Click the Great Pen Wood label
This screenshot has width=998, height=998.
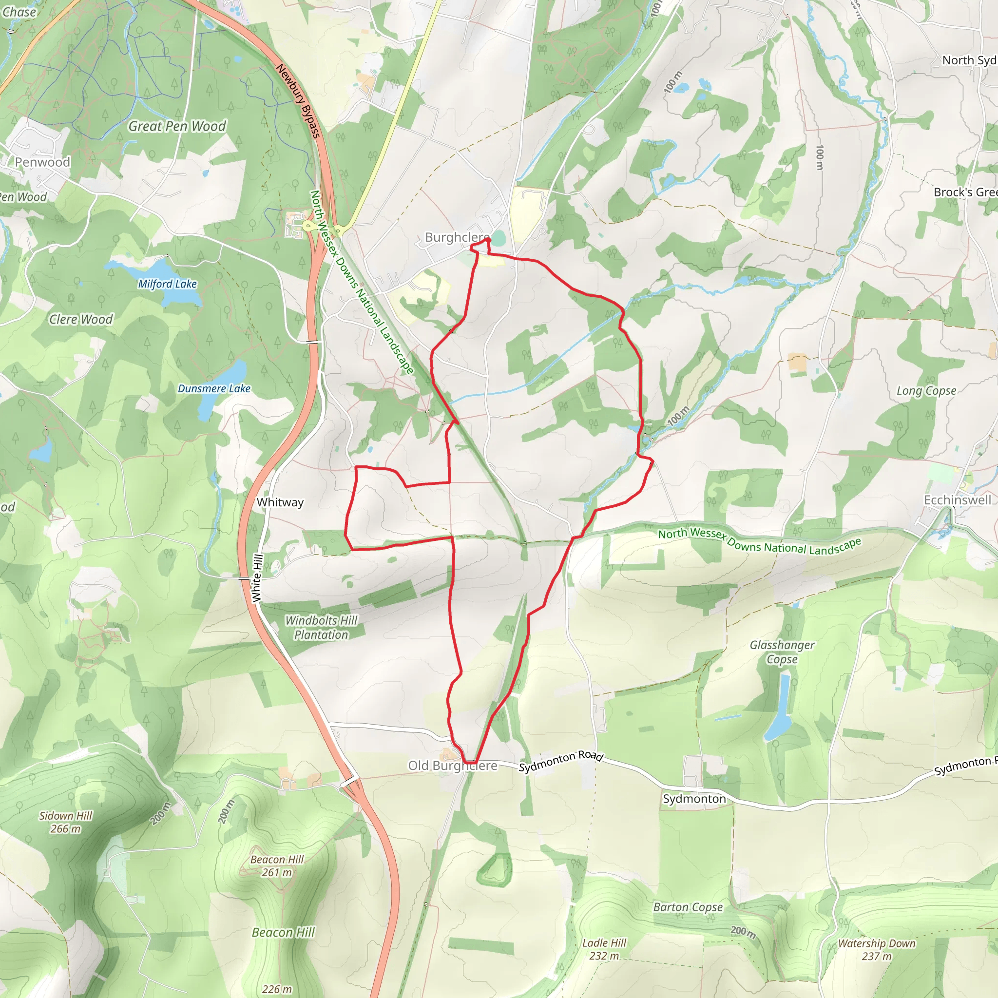177,126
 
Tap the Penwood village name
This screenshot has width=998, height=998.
42,162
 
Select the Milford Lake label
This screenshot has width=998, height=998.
167,284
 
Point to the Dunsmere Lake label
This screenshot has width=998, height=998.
214,388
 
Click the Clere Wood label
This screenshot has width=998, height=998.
81,319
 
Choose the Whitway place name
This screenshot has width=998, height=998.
280,502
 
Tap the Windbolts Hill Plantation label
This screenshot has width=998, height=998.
321,627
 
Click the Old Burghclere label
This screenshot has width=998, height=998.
453,766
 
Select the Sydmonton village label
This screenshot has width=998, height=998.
694,799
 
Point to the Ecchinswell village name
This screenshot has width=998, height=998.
957,500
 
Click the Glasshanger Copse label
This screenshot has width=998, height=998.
782,652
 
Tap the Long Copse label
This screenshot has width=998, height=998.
926,390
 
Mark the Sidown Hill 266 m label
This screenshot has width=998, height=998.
66,823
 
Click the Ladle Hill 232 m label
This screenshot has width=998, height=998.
604,949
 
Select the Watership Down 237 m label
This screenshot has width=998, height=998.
877,949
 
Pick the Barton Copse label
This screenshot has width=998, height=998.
688,907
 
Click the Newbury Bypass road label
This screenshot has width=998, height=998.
298,101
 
